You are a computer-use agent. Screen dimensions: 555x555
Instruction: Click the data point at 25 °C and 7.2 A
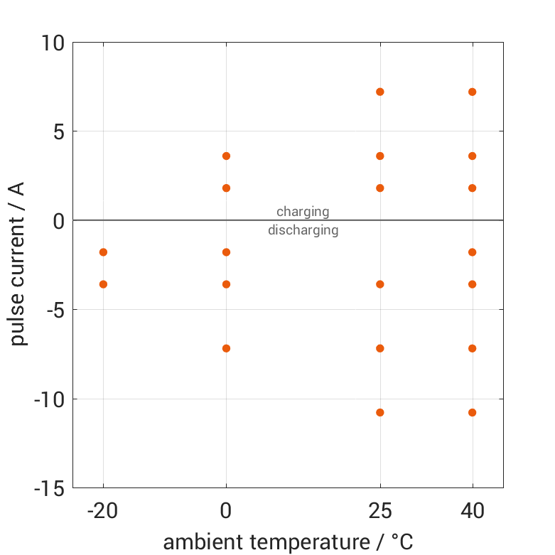(380, 92)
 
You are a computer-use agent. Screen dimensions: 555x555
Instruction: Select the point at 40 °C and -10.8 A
(473, 412)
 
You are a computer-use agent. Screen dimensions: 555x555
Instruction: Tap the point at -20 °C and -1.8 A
(103, 252)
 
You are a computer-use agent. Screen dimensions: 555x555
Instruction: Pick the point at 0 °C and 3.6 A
(226, 156)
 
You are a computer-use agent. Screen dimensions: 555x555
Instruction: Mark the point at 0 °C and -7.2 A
(226, 348)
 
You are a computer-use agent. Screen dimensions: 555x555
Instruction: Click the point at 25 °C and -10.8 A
(380, 412)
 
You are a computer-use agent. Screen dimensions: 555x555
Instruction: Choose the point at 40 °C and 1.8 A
(473, 188)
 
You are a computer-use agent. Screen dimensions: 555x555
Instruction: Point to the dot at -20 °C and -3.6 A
(103, 284)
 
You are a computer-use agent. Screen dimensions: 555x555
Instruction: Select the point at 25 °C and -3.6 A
(380, 284)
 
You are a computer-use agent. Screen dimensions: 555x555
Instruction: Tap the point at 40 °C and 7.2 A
(473, 92)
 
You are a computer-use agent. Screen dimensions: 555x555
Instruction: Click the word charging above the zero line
(303, 211)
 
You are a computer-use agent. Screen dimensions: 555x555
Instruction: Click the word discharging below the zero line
(303, 230)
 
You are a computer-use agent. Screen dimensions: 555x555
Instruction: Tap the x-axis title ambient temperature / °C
(288, 542)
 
